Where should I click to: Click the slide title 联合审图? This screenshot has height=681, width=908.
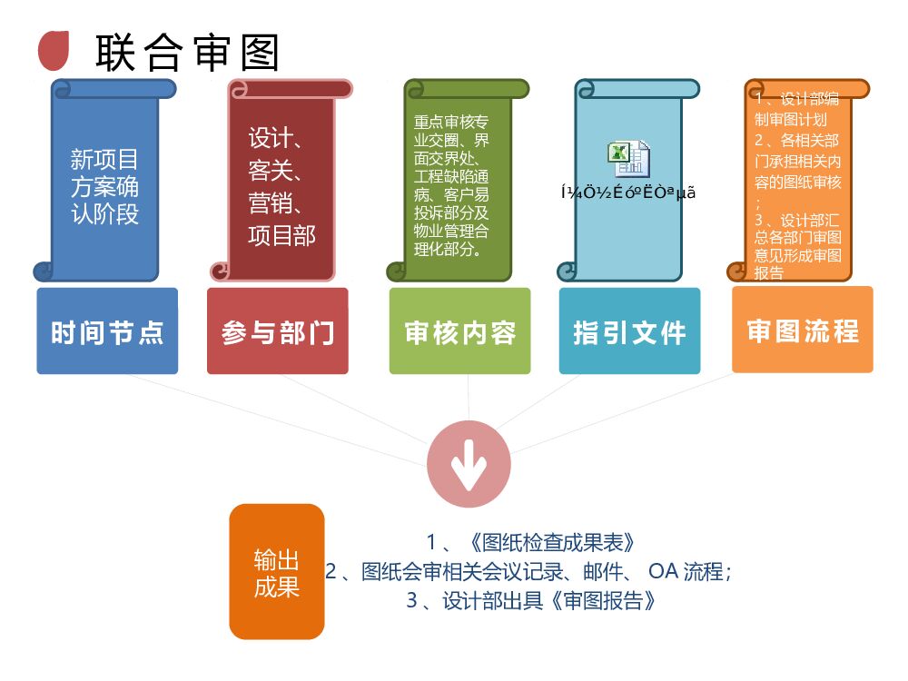pos(186,53)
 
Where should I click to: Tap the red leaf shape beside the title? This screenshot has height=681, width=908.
pos(54,49)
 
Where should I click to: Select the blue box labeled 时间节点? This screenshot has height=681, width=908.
pos(107,331)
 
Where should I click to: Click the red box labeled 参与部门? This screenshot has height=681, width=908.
pos(278,331)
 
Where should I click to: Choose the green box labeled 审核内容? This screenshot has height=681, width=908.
pos(459,331)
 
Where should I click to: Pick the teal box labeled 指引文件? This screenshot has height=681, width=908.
pos(629,331)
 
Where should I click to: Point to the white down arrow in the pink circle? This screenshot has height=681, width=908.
pos(469,465)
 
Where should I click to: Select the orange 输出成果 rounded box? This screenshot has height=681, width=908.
pos(277,573)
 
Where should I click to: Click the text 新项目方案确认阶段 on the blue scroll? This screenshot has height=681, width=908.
pos(104,187)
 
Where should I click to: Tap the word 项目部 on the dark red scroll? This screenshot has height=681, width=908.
pos(281,235)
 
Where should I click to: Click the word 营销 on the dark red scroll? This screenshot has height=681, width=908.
pos(270,202)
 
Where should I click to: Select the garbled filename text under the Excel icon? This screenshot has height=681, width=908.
pos(628,192)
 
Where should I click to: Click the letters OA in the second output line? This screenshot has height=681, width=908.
pos(664,571)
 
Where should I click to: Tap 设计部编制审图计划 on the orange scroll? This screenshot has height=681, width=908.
pos(794,110)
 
